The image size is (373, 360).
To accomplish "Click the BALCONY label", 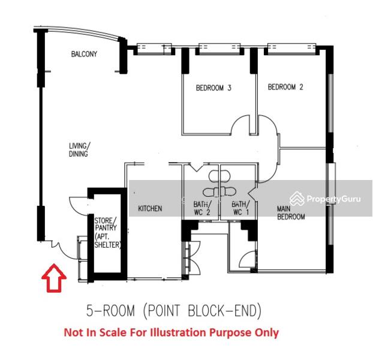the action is coord(84,54).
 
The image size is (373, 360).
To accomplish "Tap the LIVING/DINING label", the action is coord(79,149).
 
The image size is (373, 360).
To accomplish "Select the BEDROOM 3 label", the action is coord(213,88).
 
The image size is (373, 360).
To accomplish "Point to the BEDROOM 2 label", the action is coord(285,87).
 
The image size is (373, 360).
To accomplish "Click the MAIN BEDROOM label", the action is coord(291,213).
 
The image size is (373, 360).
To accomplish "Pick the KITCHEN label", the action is coord(150,209).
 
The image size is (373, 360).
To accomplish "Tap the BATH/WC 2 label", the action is coord(202,208).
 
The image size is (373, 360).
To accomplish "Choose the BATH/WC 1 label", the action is coord(240,208).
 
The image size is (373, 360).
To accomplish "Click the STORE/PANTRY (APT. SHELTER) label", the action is coord(107,233).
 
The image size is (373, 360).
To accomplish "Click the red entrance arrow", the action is coord(54,278).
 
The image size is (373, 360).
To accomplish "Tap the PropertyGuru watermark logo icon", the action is coord(297,199).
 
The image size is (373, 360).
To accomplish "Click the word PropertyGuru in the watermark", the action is coord(334,199).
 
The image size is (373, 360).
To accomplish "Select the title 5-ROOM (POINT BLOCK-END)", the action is coord(174,311).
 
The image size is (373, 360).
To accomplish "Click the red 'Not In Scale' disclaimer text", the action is coord(172,332).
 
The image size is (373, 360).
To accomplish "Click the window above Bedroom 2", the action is coord(292,49).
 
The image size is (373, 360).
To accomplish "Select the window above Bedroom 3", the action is coord(220,49).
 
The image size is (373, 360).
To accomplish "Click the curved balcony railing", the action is coord(80,31).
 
